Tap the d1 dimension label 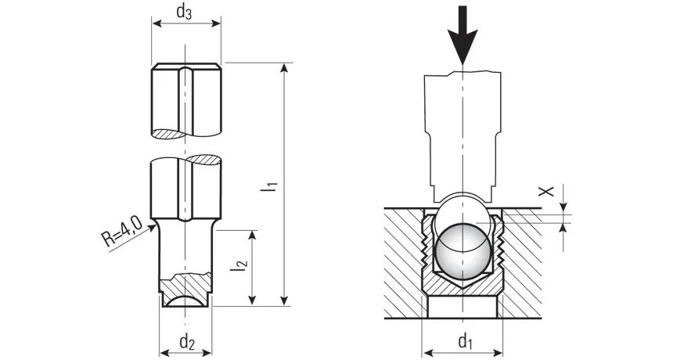(466, 341)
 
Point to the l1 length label (271, 186)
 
